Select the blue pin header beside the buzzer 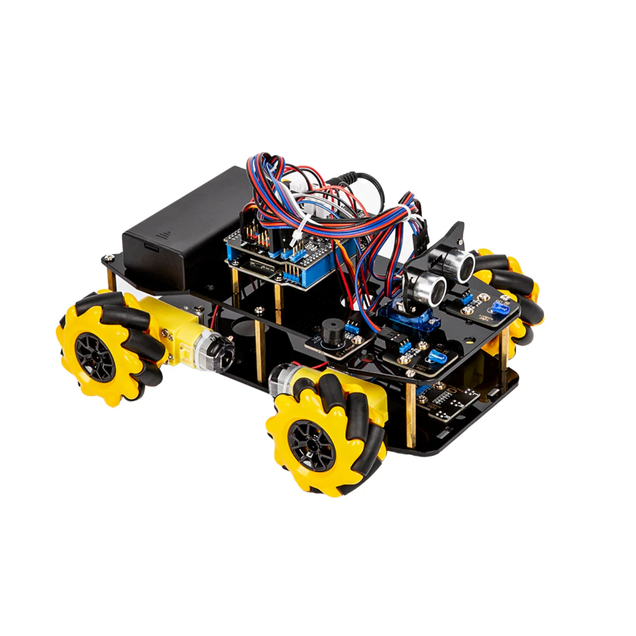pyautogui.click(x=351, y=327)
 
